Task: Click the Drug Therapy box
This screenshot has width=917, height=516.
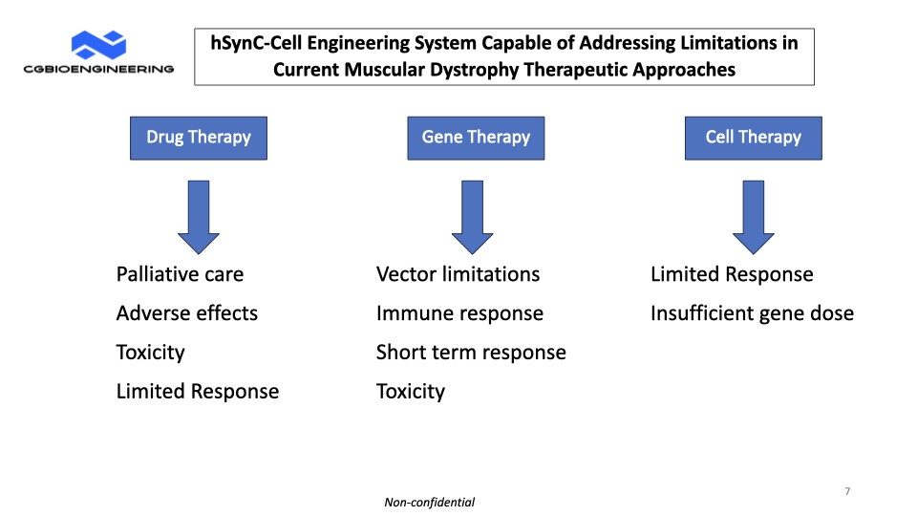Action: tap(199, 138)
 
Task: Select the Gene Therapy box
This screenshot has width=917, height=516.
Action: tap(476, 138)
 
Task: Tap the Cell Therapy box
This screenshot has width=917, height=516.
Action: tap(754, 138)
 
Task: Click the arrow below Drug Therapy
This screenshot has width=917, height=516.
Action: tap(199, 217)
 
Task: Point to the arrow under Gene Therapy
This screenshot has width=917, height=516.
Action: tap(472, 217)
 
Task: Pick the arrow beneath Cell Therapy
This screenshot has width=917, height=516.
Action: tap(754, 217)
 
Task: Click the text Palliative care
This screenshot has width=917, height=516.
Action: tap(180, 274)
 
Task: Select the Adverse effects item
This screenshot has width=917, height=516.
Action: tap(186, 313)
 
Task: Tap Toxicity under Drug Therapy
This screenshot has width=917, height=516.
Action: tap(150, 353)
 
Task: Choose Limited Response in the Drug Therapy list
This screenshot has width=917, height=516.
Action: tap(198, 392)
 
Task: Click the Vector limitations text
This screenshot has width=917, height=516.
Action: tap(458, 274)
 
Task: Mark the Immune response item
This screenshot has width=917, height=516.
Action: tap(459, 313)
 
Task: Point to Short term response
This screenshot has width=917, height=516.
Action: tap(471, 353)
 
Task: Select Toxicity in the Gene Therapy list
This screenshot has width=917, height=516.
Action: tap(411, 392)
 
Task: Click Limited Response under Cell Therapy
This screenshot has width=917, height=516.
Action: tap(732, 274)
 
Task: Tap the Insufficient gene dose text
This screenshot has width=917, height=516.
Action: tap(752, 313)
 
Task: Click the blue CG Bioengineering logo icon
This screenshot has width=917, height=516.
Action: tap(98, 45)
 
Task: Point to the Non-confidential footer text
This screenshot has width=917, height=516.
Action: tap(429, 502)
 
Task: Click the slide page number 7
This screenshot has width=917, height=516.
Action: tap(847, 491)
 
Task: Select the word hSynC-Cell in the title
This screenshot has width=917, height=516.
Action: tap(256, 43)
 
